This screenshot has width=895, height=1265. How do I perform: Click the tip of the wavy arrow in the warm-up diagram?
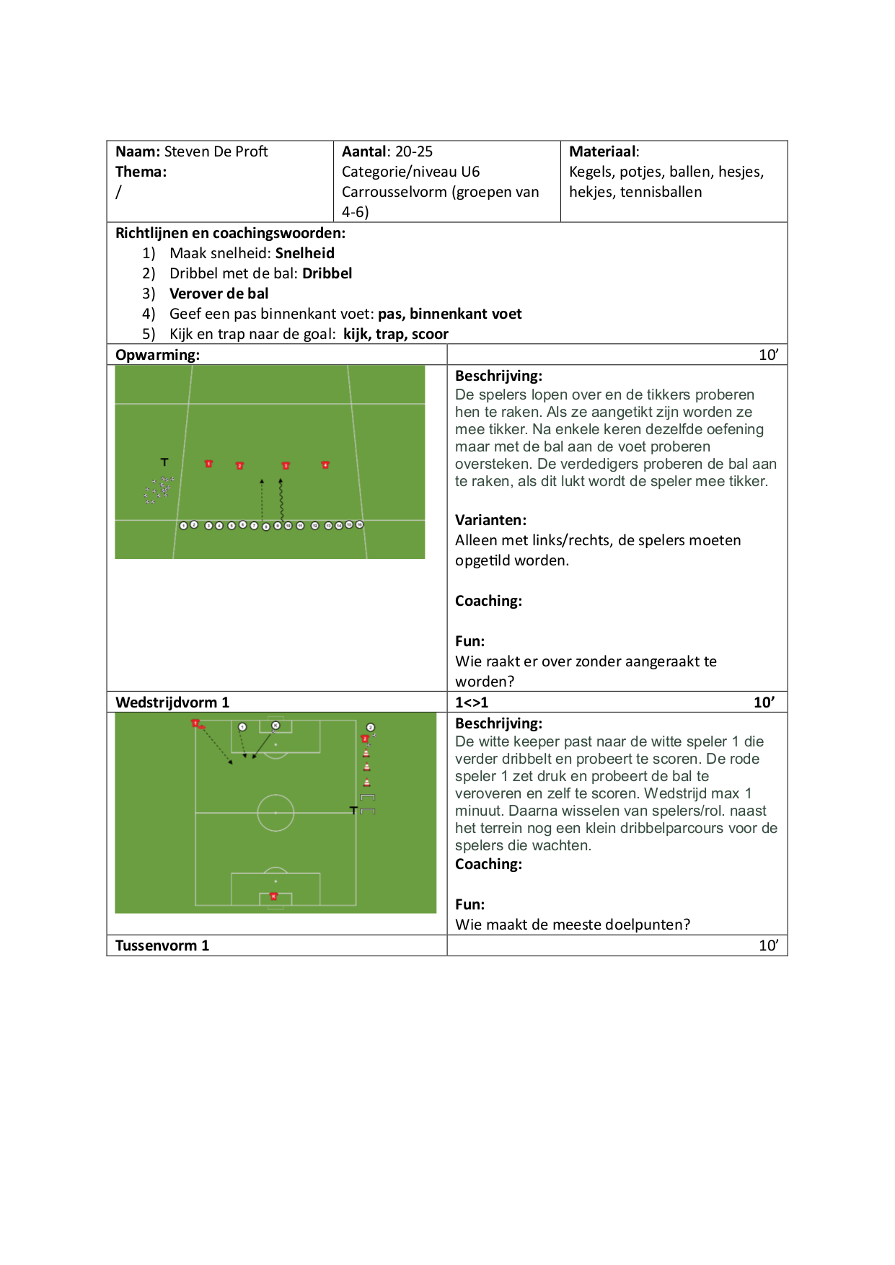281,480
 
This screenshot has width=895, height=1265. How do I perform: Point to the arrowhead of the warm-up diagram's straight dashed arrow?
262,480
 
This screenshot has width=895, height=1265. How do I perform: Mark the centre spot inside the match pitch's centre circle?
275,813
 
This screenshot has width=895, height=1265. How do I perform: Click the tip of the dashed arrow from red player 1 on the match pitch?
231,762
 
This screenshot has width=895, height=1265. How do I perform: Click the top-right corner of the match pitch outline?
356,720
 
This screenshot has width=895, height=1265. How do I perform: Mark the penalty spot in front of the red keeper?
275,881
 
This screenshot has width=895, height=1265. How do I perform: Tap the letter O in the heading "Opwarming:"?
121,355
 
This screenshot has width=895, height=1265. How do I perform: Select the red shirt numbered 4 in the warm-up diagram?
325,465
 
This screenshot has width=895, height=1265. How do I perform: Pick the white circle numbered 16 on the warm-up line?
360,524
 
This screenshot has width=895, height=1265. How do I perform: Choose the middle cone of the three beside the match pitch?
366,767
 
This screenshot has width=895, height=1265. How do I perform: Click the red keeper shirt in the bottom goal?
273,896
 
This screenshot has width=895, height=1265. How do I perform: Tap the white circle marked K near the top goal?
275,726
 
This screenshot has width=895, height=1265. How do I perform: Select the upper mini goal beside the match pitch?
367,797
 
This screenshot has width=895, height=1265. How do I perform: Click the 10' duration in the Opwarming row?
769,355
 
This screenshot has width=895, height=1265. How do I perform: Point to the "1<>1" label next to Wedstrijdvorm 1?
472,702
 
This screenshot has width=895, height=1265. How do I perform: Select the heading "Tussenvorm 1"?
162,946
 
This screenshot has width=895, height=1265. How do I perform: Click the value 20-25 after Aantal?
414,151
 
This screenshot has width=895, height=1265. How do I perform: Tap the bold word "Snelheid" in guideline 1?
305,253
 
